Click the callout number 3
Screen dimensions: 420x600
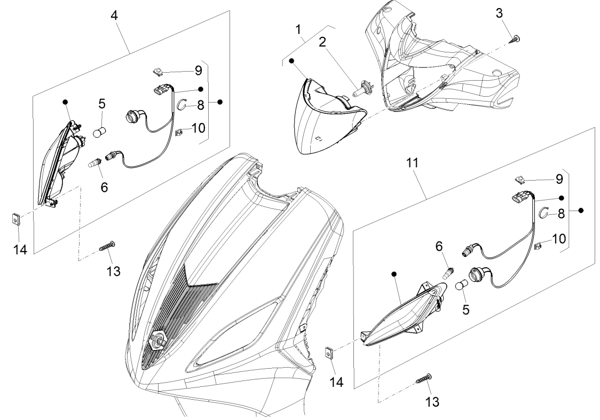(x=499, y=13)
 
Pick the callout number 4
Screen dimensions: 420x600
(x=114, y=15)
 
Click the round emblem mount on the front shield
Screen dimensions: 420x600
(x=159, y=338)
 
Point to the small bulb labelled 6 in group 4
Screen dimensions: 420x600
(x=95, y=162)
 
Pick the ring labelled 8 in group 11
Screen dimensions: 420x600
(x=544, y=213)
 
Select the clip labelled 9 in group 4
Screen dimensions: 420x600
(x=159, y=70)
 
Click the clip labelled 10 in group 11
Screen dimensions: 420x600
(x=538, y=246)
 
